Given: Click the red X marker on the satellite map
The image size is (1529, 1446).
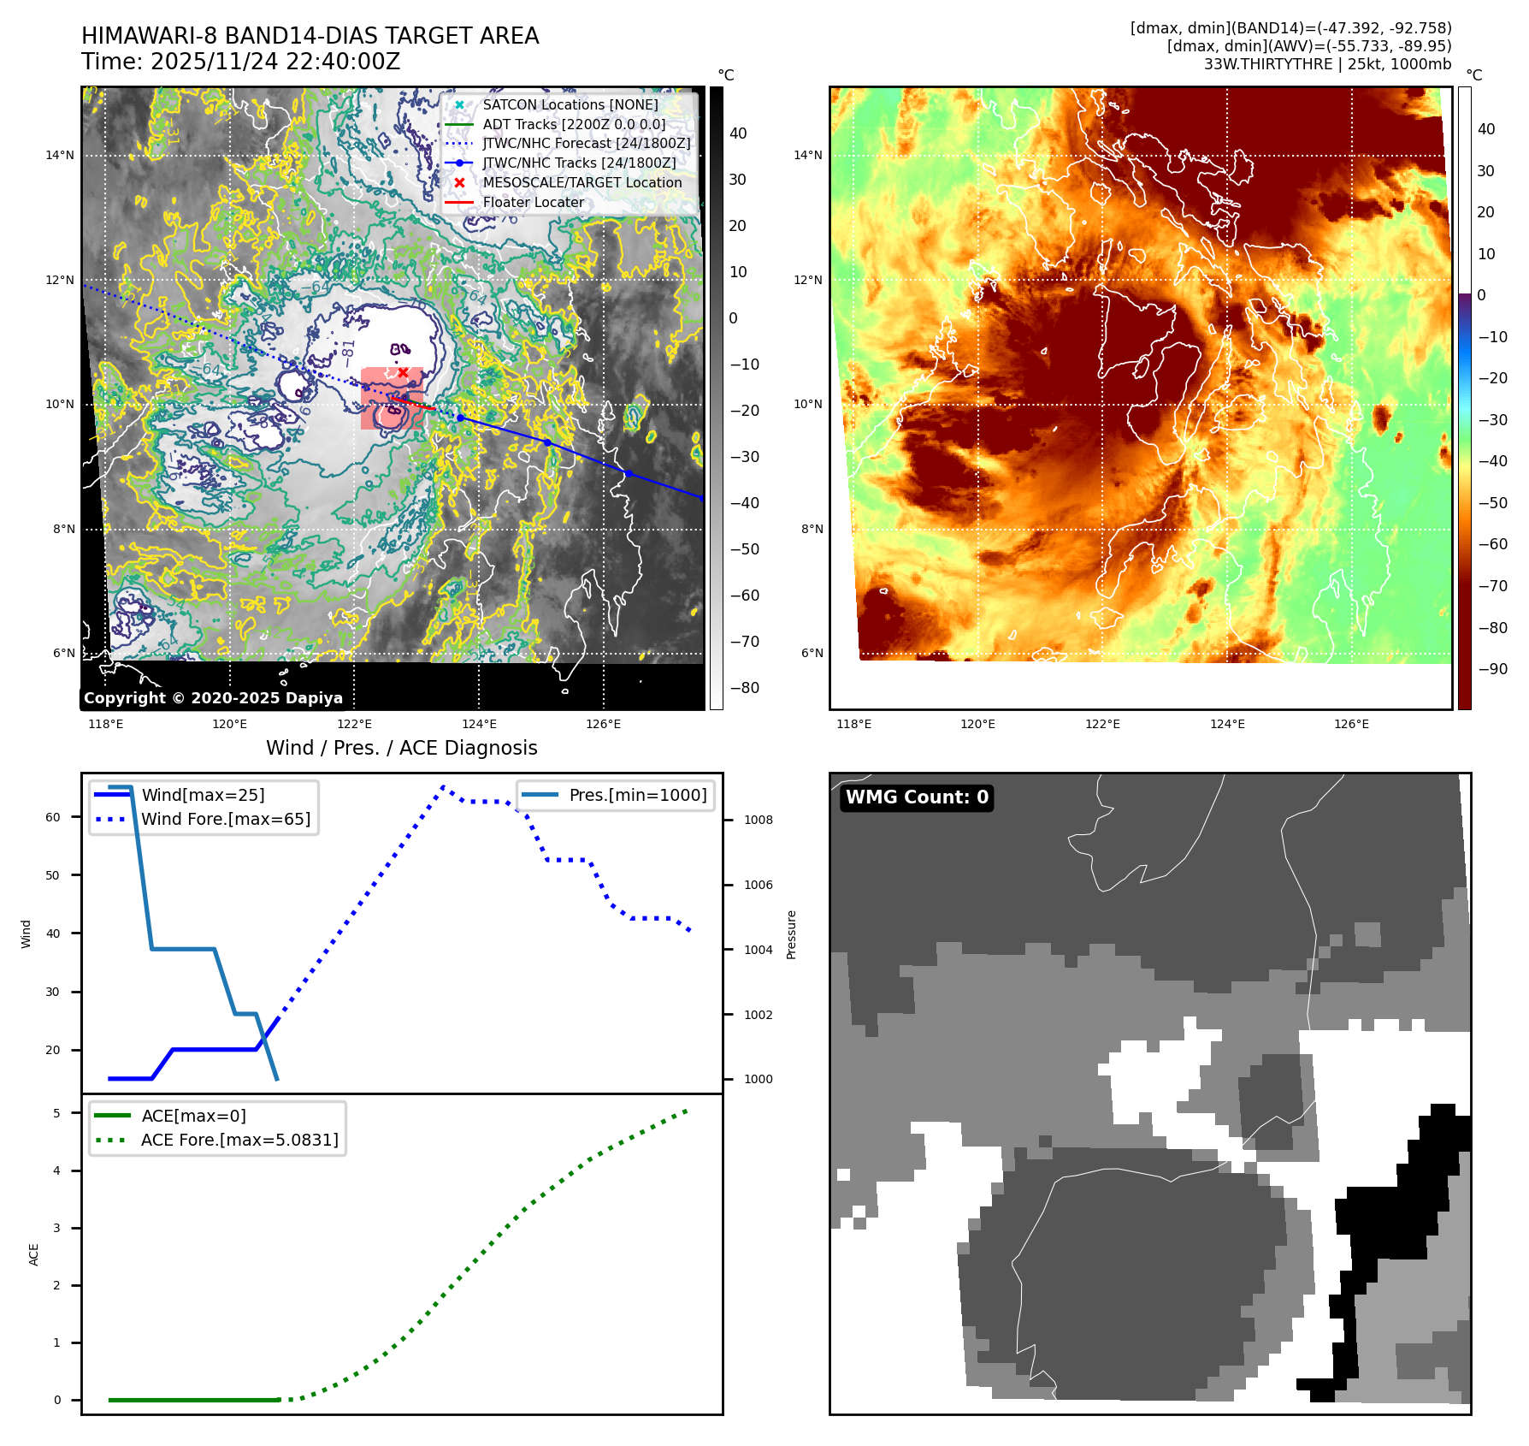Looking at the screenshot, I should [x=403, y=372].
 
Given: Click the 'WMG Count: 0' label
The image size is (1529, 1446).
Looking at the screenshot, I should [x=917, y=797].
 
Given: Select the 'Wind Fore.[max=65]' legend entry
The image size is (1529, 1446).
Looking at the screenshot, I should [x=226, y=819].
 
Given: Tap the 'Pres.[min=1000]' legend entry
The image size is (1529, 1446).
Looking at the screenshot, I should [x=638, y=795].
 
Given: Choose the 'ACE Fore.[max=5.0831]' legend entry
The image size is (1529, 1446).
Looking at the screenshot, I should [x=239, y=1140].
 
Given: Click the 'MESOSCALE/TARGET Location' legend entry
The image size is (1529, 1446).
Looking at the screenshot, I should [x=581, y=182].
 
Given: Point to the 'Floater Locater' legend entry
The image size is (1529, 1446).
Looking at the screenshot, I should [x=534, y=202].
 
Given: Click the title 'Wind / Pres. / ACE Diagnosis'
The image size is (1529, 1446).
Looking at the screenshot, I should [x=402, y=748].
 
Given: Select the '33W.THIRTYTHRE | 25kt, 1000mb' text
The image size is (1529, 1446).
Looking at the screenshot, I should [x=1327, y=64].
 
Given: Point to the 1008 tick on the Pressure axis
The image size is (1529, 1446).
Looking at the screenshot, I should [x=758, y=820].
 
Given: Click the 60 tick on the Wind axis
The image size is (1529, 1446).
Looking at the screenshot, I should [x=53, y=817].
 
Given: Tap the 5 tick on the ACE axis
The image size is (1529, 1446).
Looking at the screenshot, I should [x=56, y=1113].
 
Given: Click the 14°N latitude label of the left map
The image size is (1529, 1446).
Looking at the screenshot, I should [x=60, y=155].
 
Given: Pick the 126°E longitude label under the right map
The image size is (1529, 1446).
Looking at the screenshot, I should [x=1351, y=724].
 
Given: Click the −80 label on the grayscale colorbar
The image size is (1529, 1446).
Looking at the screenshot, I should [x=744, y=688].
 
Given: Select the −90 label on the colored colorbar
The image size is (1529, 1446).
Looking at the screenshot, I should [x=1492, y=669].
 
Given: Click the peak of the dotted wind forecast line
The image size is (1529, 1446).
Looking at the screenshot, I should [x=443, y=786].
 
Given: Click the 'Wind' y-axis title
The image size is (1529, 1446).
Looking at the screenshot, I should [x=26, y=933].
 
